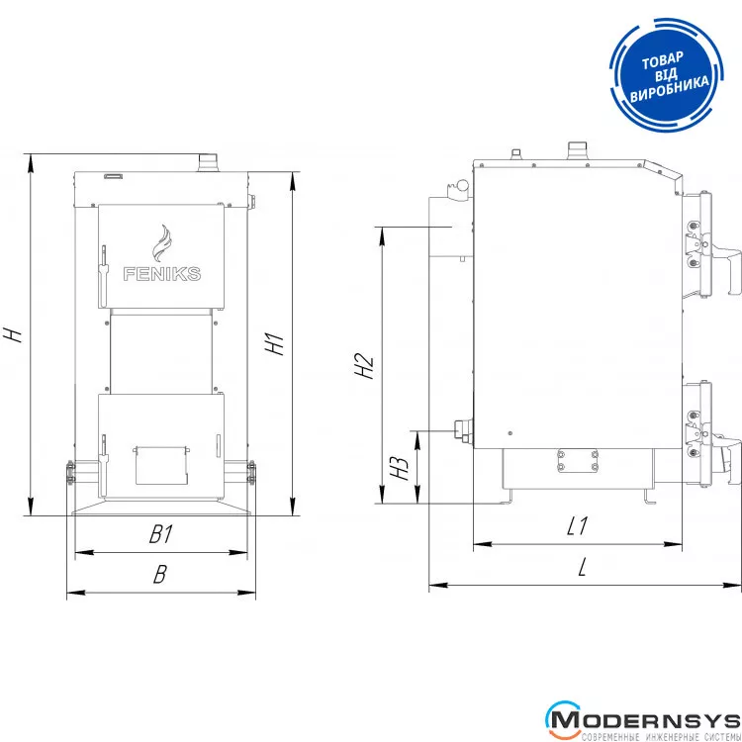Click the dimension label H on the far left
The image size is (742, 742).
(x=13, y=334)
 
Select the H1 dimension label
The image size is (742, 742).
(x=274, y=343)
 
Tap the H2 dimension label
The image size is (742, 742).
(x=365, y=366)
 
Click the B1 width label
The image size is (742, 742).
(x=161, y=534)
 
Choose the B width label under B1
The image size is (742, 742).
(x=160, y=574)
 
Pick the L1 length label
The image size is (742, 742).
(x=578, y=525)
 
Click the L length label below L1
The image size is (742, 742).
(x=582, y=567)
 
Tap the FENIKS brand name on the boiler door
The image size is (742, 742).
(x=162, y=273)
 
